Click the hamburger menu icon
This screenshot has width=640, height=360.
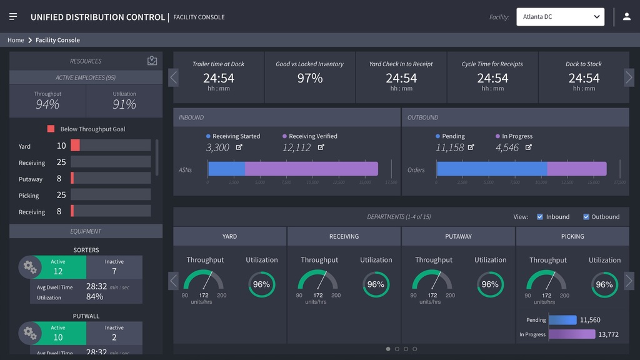pos(13,17)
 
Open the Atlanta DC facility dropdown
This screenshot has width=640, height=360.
pos(560,17)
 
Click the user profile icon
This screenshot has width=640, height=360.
pos(627,17)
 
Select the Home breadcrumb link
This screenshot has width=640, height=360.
pos(16,40)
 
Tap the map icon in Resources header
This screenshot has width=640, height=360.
pos(152,61)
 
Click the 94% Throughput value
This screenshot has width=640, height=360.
pos(47,104)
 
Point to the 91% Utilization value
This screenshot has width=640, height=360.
pos(124,104)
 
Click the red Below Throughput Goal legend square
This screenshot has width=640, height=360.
pos(51,129)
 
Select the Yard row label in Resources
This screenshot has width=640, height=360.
pos(24,146)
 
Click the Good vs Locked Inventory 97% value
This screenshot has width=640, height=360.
pos(310,78)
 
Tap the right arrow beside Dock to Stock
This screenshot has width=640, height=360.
pos(629,77)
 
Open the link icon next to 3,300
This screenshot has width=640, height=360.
pos(239,147)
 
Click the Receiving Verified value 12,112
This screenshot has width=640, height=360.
pos(296,147)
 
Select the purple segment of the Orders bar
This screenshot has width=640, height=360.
pos(576,169)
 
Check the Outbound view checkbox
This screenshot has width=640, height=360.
pos(586,217)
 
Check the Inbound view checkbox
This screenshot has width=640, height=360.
pos(540,217)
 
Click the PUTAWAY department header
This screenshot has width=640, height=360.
pos(458,236)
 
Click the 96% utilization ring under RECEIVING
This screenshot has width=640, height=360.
pos(376,284)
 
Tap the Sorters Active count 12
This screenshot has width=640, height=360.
pos(58,271)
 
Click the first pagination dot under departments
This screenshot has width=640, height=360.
pos(388,349)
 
